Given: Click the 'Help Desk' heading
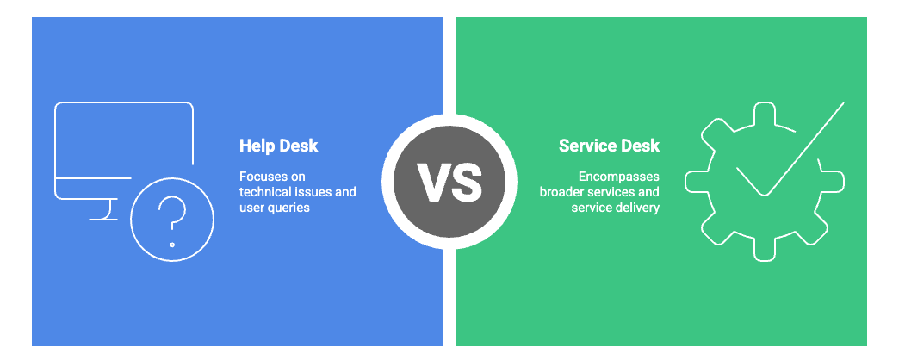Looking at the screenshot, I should coord(278,146).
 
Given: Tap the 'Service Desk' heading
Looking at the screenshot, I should coord(609,146).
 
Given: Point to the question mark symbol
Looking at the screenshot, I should coord(172,213).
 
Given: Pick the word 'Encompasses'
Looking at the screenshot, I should coord(618,176).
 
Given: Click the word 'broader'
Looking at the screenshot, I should coord(564,192).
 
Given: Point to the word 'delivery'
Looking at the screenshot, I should coord(637,208).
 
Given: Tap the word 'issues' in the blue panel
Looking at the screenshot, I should coord(316,192).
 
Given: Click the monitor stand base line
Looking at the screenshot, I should coord(103,219).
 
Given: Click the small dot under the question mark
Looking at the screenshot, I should coord(172,245).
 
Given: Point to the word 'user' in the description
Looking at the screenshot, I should coord(253,208).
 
